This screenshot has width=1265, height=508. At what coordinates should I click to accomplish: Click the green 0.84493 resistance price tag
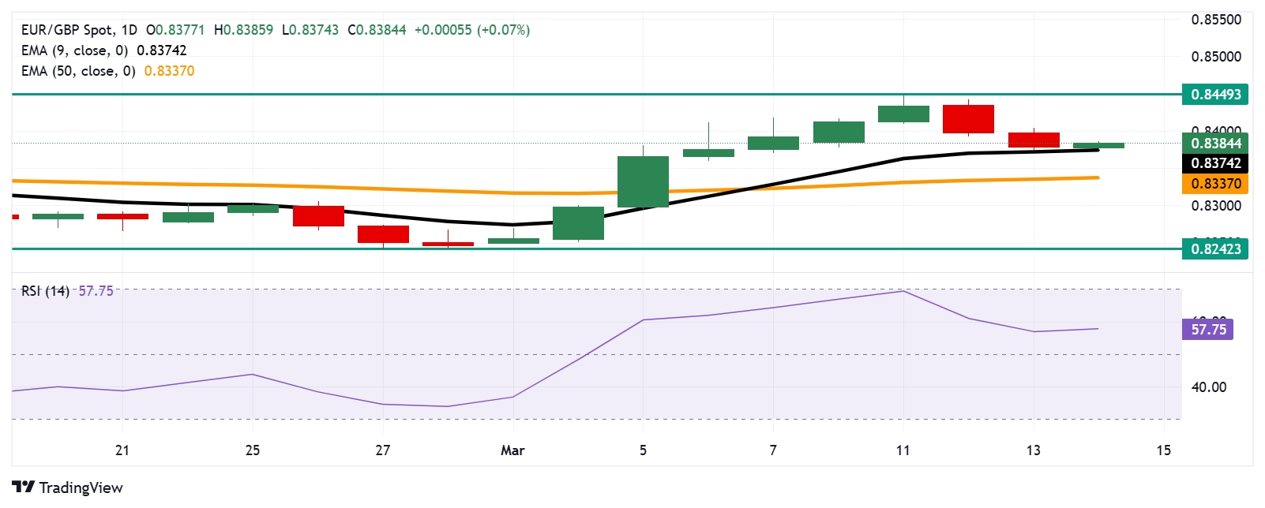point(1215,95)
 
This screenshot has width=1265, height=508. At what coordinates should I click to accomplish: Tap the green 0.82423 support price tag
point(1215,249)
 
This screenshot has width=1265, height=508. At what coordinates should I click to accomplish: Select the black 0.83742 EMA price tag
point(1215,163)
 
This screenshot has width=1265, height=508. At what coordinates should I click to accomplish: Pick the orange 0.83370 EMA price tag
point(1215,184)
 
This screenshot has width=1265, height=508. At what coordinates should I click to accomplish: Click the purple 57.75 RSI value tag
point(1208,329)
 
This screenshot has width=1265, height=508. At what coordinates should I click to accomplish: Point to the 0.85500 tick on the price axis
point(1215,20)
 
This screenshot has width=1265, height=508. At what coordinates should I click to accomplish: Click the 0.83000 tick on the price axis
point(1215,206)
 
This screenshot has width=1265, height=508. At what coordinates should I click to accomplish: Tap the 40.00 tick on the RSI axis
point(1208,387)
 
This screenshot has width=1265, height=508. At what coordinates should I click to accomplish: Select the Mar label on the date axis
point(512,450)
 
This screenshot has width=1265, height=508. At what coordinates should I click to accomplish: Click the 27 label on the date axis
point(383,450)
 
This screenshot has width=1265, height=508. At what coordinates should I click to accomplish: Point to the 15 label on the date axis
point(1163,450)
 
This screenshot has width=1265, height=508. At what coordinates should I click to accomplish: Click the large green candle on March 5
point(643,181)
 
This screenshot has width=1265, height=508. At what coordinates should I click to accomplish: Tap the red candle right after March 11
point(968,119)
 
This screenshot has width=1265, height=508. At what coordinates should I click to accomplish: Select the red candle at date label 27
point(383,234)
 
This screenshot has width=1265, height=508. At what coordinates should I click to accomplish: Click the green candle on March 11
point(903,114)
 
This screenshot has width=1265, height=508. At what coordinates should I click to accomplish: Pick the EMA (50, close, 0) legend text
point(78,71)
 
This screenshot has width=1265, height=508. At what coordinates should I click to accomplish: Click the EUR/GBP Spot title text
point(67,30)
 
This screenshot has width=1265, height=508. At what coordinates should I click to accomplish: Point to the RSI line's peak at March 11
point(903,291)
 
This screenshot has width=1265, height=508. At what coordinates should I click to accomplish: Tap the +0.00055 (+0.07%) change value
point(471,30)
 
